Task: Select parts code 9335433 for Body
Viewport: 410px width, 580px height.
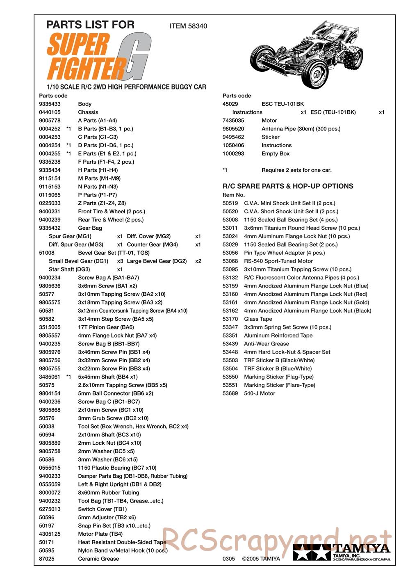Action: coord(50,104)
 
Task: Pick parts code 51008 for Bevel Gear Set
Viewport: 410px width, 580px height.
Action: coord(47,253)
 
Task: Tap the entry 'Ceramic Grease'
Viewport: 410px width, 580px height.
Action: coord(98,559)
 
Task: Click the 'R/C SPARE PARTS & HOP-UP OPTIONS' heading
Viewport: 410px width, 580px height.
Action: coord(288,186)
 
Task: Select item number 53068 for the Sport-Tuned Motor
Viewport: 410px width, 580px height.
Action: coord(230,261)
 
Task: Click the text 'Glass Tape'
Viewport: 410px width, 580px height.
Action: coord(258,319)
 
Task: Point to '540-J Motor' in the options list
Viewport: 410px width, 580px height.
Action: coord(260,393)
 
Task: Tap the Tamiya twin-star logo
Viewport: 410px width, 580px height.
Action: coord(312,553)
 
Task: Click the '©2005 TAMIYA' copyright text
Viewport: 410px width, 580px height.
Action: coord(261,559)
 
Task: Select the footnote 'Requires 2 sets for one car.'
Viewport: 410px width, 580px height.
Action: coord(296,170)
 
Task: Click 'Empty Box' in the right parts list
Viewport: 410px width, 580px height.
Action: coord(276,154)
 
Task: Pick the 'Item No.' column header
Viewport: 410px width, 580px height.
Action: coord(234,195)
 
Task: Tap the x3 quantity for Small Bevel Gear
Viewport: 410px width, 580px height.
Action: coord(120,261)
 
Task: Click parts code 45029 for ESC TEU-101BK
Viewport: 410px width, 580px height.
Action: coord(230,104)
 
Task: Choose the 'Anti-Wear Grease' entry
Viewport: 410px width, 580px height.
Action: coord(266,344)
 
